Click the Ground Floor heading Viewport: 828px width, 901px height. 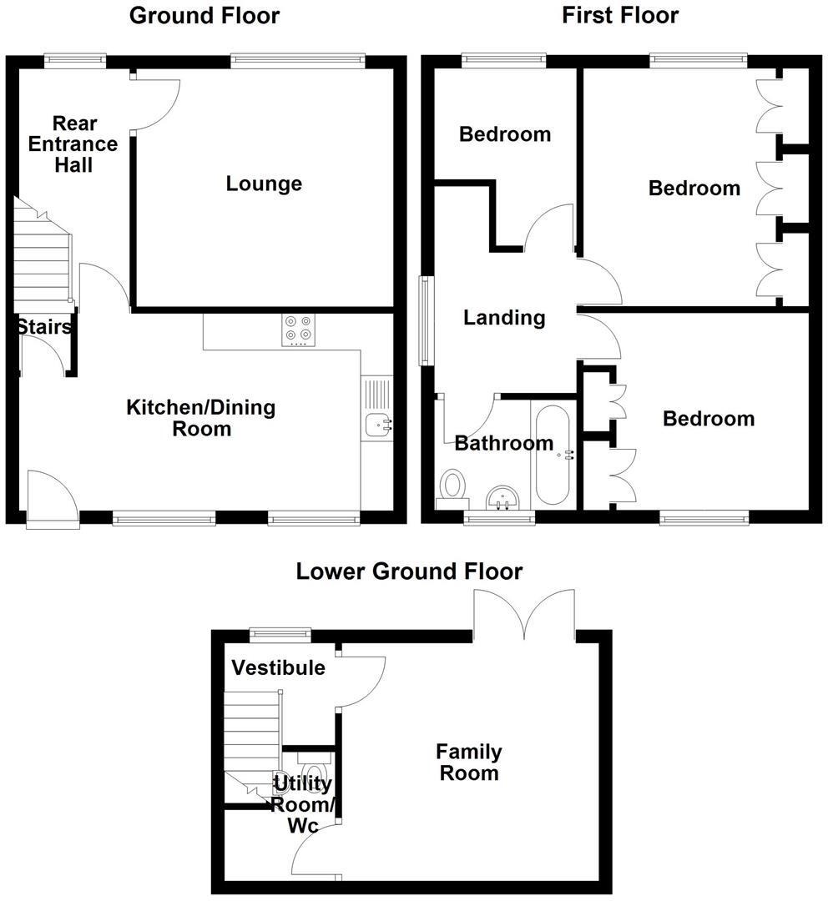coord(204,16)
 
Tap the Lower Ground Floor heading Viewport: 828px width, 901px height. coord(409,571)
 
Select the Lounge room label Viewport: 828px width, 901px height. coord(264,184)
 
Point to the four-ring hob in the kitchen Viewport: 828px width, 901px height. coord(298,329)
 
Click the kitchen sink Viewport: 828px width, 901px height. coord(378,425)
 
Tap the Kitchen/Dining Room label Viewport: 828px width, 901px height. coord(200,418)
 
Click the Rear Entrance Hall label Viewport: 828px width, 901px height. coord(73,143)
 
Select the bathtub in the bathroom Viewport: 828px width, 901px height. coord(551,455)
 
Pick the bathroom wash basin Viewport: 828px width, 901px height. coord(502,498)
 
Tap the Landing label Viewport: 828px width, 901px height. coord(504,318)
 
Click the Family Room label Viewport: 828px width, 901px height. coord(469,763)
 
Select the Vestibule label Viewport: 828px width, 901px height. coord(278,668)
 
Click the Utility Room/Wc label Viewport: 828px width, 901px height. coord(303,804)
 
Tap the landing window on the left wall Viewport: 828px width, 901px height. coord(427,321)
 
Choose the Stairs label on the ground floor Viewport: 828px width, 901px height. coord(43,327)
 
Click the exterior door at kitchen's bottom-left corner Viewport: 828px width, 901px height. coord(52,499)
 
